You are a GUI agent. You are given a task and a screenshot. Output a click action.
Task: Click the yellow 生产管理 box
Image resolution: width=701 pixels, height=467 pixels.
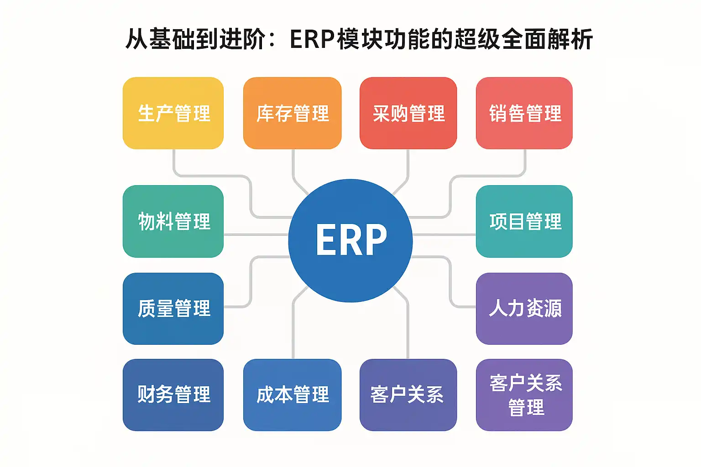point(173,113)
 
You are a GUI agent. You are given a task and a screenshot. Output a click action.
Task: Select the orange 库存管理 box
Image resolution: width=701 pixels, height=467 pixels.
point(292,113)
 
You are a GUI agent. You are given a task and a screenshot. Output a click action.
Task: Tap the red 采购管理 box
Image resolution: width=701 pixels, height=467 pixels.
point(408,113)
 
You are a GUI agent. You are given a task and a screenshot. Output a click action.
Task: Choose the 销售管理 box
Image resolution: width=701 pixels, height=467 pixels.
point(524,113)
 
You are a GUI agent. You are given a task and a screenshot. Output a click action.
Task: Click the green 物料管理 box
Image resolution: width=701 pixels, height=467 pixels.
point(173,221)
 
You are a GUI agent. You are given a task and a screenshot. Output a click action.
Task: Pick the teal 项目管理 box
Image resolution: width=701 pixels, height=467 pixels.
point(524,221)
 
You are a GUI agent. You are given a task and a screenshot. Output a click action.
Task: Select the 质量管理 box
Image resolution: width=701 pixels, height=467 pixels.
point(173,309)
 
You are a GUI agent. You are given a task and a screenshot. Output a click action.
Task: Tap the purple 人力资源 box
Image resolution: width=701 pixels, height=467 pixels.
point(524,309)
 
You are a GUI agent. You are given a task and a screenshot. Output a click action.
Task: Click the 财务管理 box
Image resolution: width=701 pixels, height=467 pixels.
point(173,395)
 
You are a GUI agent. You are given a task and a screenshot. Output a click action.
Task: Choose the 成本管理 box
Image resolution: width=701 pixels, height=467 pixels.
point(292,395)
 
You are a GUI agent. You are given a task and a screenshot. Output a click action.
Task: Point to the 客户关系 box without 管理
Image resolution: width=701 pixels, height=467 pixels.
point(408,395)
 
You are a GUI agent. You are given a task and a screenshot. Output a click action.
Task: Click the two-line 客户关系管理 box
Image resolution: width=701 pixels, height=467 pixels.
point(524,395)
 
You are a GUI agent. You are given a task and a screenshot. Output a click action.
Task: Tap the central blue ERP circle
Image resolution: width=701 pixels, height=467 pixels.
point(350,240)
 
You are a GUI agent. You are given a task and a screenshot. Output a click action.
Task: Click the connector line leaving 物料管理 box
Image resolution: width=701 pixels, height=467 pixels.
point(256,235)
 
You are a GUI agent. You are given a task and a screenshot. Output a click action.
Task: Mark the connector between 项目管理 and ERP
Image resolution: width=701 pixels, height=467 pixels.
point(444,235)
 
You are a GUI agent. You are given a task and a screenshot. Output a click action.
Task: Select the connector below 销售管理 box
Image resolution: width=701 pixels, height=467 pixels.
point(525,162)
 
